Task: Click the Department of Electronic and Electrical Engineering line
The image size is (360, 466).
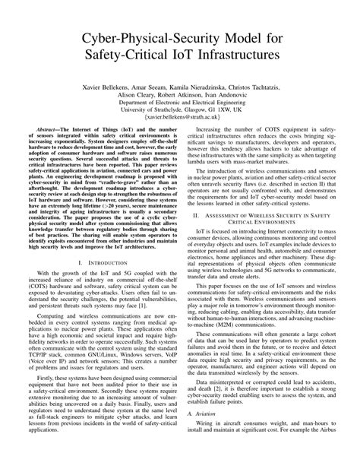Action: point(180,106)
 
